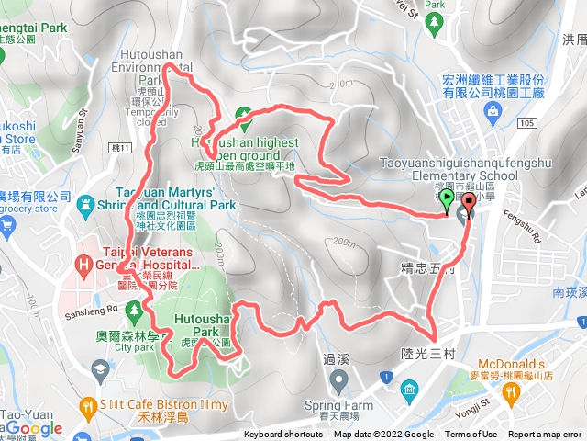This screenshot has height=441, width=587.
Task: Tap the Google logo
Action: point(34,428)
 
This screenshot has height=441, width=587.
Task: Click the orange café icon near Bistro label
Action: point(88,404)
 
